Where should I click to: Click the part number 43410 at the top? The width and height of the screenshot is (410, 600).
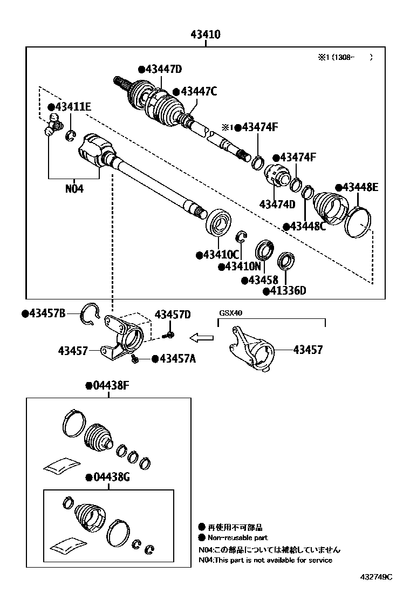(x=206, y=35)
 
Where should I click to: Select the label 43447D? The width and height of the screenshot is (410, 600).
(x=163, y=69)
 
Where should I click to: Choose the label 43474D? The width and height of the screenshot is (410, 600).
(x=277, y=204)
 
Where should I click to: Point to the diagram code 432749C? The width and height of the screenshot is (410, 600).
(x=376, y=577)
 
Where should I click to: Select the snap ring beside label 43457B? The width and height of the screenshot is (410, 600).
(x=90, y=314)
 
